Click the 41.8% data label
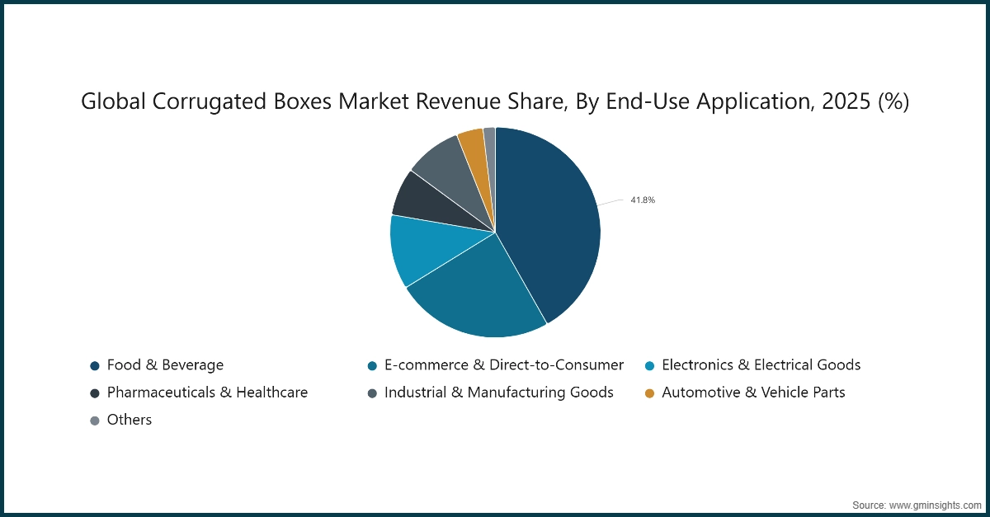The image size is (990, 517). tap(643, 200)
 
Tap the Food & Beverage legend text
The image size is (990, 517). tap(165, 364)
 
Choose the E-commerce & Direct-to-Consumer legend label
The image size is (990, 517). tap(503, 364)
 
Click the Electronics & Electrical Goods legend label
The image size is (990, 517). tap(761, 364)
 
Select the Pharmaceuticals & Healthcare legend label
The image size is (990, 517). tap(207, 392)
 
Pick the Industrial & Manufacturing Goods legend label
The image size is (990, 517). tap(498, 392)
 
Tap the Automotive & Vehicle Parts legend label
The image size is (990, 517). tap(753, 392)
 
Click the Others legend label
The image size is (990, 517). tap(130, 420)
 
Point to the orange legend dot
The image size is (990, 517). tap(649, 393)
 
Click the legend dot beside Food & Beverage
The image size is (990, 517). tap(95, 365)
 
